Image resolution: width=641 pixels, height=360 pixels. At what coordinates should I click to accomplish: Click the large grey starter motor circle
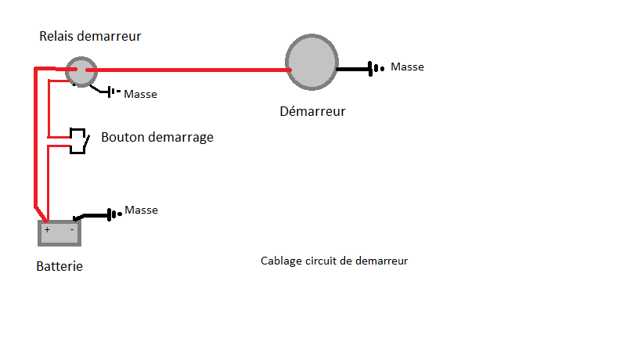[312, 64]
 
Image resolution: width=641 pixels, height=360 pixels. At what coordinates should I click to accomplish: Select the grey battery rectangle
[59, 232]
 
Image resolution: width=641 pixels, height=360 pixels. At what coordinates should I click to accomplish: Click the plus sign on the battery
[47, 230]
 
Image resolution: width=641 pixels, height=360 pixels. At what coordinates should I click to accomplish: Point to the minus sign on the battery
[72, 230]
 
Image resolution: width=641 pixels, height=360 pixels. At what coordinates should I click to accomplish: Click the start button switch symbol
[78, 140]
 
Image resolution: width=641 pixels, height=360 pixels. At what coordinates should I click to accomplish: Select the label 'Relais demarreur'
[91, 36]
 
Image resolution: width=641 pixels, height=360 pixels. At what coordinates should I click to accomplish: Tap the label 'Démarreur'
[312, 111]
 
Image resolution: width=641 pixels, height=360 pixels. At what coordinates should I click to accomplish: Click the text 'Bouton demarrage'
[157, 138]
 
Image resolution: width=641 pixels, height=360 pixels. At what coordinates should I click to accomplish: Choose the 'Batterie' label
[59, 266]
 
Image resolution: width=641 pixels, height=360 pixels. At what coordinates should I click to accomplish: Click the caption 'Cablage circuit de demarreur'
[334, 261]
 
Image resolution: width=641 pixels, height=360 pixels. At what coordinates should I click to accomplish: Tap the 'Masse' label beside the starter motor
[407, 67]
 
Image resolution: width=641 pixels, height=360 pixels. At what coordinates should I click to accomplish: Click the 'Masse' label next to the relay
[141, 95]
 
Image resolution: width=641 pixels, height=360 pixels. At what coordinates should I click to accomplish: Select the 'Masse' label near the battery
[142, 211]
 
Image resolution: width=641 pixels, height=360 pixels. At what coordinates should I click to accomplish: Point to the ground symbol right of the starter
[376, 69]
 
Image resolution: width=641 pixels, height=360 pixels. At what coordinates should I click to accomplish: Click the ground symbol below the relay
[112, 93]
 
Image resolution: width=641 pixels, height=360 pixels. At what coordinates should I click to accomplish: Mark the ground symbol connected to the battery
[113, 214]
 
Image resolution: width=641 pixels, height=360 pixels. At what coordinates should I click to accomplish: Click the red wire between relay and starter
[188, 70]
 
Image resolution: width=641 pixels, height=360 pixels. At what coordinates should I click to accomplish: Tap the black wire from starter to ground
[352, 69]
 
